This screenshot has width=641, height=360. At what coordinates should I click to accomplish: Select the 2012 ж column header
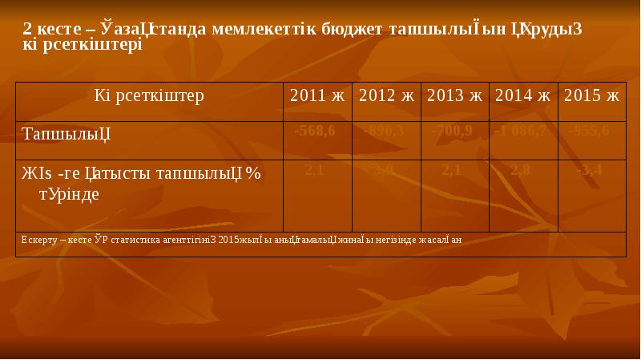tap(386, 96)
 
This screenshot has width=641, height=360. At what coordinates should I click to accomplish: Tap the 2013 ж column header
tap(454, 96)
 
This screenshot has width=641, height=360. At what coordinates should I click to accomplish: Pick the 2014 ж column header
tap(522, 96)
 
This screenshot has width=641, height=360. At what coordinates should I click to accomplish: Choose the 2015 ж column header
tap(591, 96)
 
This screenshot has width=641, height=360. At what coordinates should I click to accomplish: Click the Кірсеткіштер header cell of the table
tap(149, 96)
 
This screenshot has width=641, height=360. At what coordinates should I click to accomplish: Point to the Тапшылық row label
tap(66, 131)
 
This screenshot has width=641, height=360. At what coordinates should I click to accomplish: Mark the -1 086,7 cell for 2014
tap(520, 131)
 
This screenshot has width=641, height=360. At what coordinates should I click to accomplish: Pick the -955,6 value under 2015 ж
tap(588, 131)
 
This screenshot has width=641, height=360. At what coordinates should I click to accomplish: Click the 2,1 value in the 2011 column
tap(314, 168)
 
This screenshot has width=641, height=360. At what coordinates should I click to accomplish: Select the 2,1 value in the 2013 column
tap(451, 168)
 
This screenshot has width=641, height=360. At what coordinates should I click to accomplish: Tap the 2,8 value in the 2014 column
tap(520, 168)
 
